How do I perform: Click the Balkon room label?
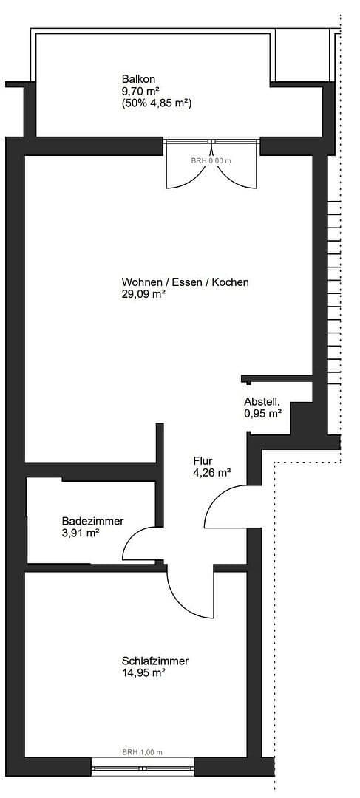click(139, 79)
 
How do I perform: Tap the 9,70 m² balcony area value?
click(140, 92)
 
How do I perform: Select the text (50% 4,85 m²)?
click(157, 104)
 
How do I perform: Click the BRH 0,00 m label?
click(211, 160)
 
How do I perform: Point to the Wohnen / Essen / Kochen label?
click(185, 282)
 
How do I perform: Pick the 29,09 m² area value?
click(143, 293)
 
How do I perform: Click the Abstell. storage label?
click(262, 402)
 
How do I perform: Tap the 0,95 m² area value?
click(262, 414)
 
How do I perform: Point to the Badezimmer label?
click(92, 521)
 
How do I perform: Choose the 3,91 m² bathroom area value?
click(81, 533)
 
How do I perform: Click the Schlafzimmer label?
click(155, 661)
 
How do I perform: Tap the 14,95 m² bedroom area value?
click(143, 672)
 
